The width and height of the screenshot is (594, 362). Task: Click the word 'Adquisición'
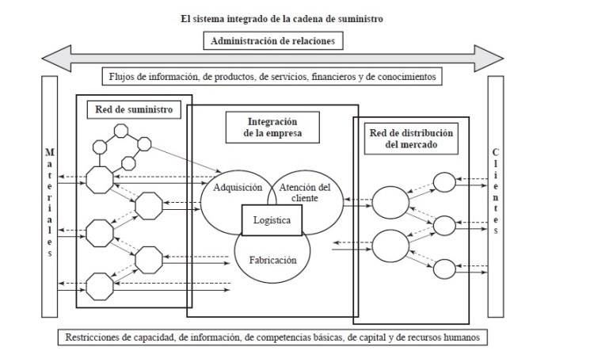[238, 188]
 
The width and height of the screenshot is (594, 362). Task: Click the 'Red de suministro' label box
[127, 108]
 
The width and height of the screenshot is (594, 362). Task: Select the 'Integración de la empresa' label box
[272, 127]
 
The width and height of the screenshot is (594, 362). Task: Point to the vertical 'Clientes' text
[496, 190]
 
